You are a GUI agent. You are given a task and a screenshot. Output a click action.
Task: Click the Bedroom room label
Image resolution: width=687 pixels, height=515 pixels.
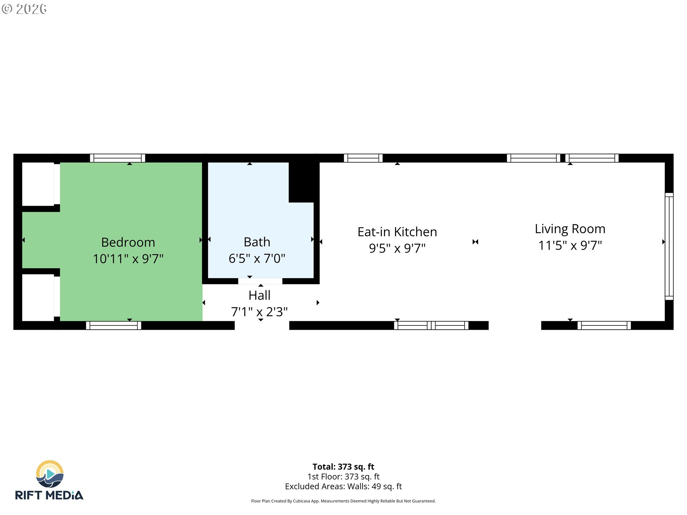tap(128, 242)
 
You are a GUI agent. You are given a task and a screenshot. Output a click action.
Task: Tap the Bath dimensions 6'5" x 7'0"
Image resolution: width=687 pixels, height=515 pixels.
tap(257, 259)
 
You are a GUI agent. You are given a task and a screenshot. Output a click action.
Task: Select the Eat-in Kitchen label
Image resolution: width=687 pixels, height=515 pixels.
tap(397, 232)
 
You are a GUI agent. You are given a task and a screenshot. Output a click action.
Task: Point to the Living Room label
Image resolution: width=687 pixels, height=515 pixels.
tap(570, 229)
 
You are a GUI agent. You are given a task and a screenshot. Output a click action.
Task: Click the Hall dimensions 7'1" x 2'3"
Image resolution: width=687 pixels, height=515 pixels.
tap(259, 312)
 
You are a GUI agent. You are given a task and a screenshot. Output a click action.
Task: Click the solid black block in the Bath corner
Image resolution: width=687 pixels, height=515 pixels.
tap(303, 182)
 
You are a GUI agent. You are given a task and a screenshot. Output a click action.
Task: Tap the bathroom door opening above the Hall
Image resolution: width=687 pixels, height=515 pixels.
tap(260, 281)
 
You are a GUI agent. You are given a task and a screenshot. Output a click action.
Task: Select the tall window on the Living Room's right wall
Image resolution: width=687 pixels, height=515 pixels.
tap(669, 246)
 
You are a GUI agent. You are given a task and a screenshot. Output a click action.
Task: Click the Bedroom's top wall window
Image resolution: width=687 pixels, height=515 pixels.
tap(117, 158)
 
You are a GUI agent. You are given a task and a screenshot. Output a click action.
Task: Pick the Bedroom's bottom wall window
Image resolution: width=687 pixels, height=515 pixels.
tap(113, 325)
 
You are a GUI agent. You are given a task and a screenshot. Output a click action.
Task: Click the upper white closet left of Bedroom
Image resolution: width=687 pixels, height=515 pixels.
tap(38, 184)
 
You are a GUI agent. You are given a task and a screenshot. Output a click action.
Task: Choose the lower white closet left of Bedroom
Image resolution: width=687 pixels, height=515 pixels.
tap(38, 298)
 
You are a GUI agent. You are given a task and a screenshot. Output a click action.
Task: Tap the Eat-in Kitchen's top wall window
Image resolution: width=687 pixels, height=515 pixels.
tap(363, 158)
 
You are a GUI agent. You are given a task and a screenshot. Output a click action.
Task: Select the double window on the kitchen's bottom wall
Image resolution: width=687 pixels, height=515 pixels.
tap(431, 325)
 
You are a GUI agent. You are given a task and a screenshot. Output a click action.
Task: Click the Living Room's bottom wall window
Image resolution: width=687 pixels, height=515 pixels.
tap(604, 325)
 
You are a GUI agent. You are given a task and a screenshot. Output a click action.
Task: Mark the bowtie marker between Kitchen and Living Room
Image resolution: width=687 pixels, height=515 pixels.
tap(475, 242)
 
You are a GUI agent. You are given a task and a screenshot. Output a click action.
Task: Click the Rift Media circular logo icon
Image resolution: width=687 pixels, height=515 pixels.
tap(50, 474)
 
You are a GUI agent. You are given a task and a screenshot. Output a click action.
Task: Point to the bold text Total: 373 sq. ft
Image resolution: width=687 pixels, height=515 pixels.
tap(343, 467)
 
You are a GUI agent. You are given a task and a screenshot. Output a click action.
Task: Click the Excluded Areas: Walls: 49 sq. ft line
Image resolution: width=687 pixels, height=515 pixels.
tap(343, 486)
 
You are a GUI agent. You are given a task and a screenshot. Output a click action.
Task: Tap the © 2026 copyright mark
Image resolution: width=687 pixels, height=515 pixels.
tap(24, 9)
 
